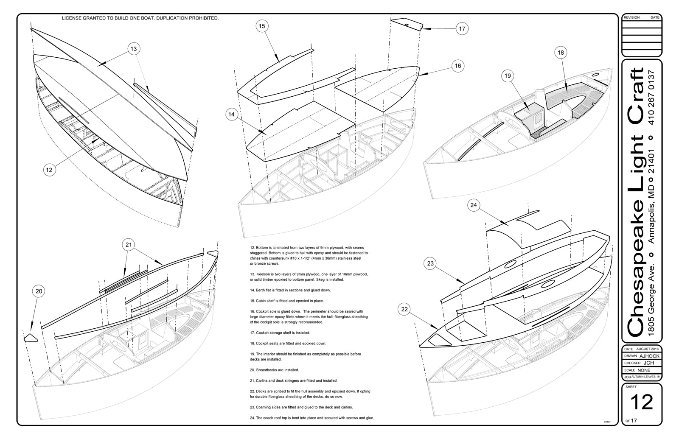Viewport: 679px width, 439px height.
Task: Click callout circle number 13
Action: tap(133, 49)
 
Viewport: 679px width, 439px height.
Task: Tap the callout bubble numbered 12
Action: tap(49, 170)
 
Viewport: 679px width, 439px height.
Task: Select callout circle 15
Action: tap(261, 26)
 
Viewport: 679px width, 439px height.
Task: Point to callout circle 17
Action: tap(462, 29)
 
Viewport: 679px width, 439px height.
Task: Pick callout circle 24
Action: tap(474, 205)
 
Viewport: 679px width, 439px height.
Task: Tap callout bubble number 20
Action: tap(39, 291)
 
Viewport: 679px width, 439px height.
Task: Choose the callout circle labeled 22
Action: tap(404, 309)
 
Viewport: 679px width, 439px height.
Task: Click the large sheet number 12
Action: tap(641, 402)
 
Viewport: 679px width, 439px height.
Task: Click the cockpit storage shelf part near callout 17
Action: tap(405, 24)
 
